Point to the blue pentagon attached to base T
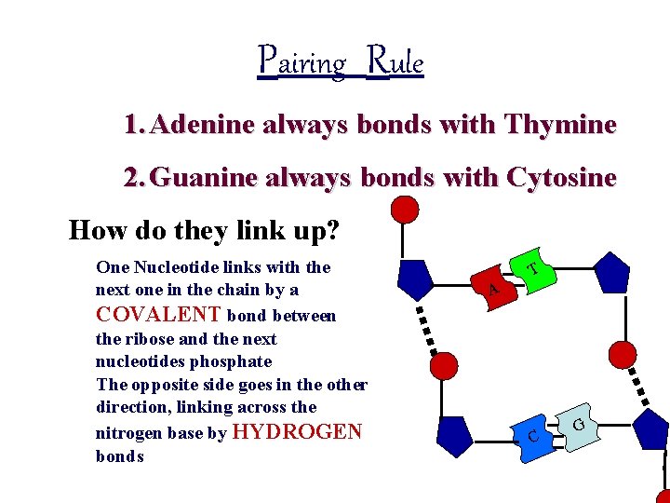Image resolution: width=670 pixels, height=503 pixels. [x=610, y=273]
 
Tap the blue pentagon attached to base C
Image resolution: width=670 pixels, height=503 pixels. [x=454, y=435]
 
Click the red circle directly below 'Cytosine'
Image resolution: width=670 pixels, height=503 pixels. [x=404, y=210]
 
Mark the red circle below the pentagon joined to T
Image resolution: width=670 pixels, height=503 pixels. [x=622, y=354]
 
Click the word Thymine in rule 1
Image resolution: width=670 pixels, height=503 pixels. [x=560, y=124]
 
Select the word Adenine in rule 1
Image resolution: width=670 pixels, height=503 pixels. [x=201, y=124]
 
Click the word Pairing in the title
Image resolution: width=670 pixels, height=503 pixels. [x=301, y=62]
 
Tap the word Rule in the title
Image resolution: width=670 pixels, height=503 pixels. [x=395, y=62]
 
